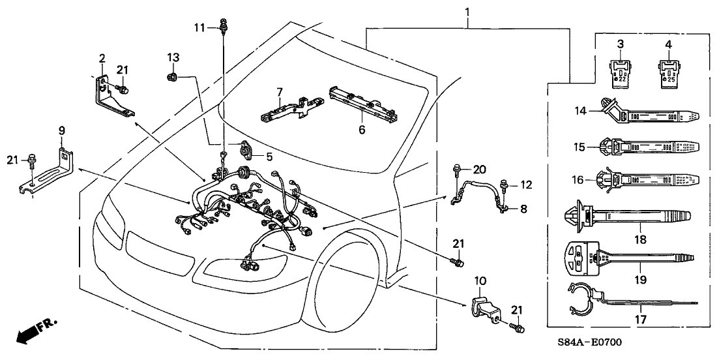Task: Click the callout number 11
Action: pyautogui.click(x=200, y=27)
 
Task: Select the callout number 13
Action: pyautogui.click(x=173, y=57)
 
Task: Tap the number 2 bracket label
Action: pyautogui.click(x=102, y=59)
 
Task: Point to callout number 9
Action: pyautogui.click(x=63, y=131)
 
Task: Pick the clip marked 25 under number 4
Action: pyautogui.click(x=668, y=73)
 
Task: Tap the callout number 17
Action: pyautogui.click(x=641, y=320)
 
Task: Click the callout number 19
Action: pyautogui.click(x=641, y=280)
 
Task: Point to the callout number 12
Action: pyautogui.click(x=525, y=185)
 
